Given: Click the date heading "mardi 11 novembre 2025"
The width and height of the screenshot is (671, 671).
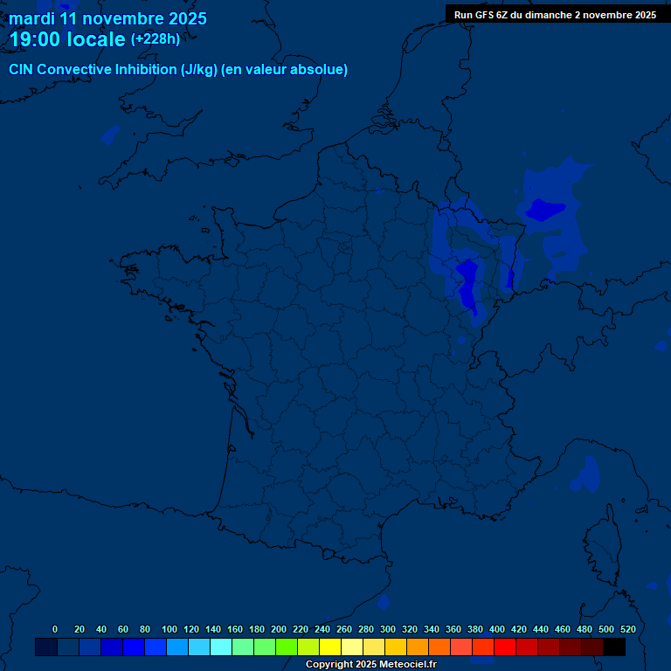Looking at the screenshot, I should point(107,17).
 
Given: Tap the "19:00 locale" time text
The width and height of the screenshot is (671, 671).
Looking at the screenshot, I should point(66,39).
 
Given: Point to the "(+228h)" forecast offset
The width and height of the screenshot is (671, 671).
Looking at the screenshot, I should point(156,39).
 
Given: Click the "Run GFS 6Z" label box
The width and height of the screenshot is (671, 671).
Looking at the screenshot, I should point(555,14).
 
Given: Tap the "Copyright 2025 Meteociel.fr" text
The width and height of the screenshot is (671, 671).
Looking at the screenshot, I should point(370,665).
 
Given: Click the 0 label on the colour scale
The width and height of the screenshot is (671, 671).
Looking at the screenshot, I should point(55,629).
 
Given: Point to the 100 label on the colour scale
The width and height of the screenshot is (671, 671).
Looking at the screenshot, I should point(169,629).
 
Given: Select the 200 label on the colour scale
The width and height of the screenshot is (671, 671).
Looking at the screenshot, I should point(279,629).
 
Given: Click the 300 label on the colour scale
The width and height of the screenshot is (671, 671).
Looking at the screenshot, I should point(388,629).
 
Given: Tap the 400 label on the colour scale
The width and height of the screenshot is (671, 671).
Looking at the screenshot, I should point(497,629).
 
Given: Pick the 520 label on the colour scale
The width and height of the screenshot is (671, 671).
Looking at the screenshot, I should point(627,629).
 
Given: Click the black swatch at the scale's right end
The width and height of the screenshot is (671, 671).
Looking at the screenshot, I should point(614,647).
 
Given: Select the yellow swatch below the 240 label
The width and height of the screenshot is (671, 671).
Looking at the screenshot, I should point(330,647).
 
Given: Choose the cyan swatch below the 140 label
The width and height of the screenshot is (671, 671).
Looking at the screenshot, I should point(221,647).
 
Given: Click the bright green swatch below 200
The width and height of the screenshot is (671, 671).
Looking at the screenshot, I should point(287,647).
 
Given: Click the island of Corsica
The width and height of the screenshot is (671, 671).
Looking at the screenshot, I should point(601,537).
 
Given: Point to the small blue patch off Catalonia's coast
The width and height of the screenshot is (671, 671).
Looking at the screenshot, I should point(384,602).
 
